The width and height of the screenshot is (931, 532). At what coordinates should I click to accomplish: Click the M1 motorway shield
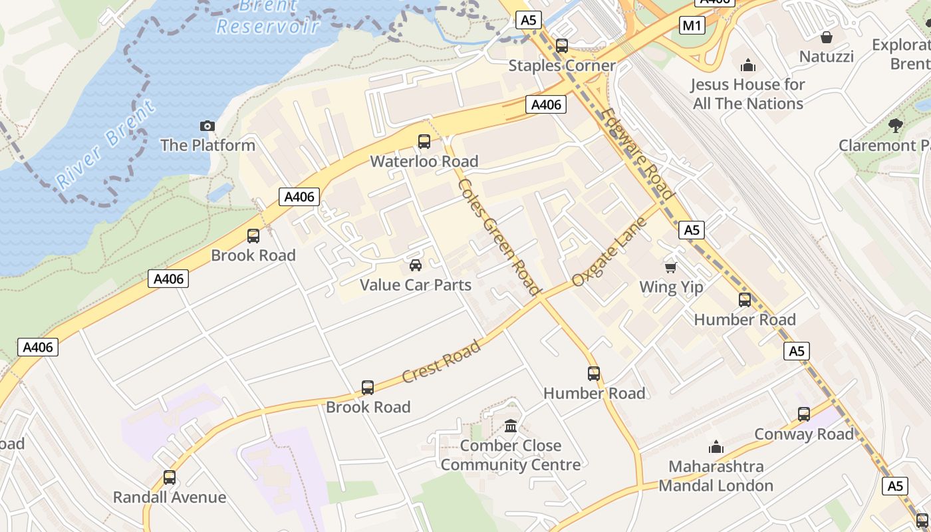click(x=692, y=26)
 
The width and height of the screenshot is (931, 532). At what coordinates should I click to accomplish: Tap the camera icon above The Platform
click(x=207, y=126)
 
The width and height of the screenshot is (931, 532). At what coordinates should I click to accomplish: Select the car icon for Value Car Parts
click(x=416, y=265)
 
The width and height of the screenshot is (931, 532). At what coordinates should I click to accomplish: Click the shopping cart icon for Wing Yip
click(x=671, y=267)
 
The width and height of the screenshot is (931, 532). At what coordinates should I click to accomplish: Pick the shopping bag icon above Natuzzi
click(x=826, y=37)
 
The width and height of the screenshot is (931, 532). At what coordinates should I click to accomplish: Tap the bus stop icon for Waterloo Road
click(x=424, y=142)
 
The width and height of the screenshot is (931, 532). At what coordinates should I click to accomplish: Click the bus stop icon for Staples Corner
click(x=562, y=46)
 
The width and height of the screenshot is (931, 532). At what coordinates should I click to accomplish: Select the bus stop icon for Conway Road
click(x=803, y=414)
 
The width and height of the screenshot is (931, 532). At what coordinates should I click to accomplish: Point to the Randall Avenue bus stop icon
click(x=170, y=477)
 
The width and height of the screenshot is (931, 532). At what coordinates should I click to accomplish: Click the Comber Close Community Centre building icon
click(x=511, y=426)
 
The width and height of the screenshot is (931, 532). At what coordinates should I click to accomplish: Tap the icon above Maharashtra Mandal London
click(x=716, y=447)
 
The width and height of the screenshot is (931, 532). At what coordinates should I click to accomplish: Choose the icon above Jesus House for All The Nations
click(x=748, y=65)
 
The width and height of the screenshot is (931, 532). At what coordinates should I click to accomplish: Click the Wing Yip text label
click(x=671, y=287)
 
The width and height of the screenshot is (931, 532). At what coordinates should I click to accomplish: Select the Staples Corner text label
click(x=562, y=66)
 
